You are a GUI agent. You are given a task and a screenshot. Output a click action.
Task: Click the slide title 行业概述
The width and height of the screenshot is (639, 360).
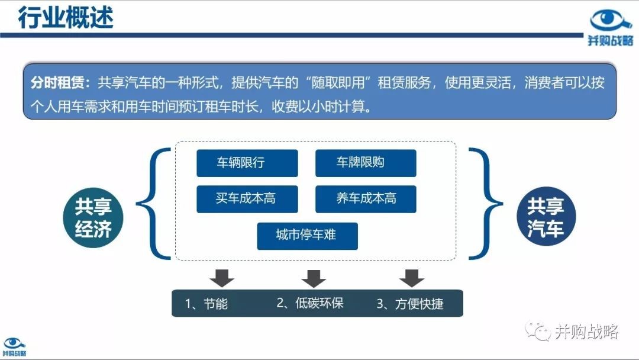[66, 18]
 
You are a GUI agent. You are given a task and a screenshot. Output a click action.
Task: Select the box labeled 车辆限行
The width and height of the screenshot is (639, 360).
[247, 163]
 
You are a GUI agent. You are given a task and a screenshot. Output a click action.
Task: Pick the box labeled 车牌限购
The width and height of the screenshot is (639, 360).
[366, 163]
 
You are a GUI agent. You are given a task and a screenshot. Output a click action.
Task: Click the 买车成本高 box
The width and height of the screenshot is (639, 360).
[247, 199]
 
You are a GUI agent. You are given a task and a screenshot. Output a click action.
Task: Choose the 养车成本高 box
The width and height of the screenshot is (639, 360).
[366, 199]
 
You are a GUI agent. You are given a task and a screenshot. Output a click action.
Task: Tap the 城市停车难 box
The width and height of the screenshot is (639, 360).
[307, 236]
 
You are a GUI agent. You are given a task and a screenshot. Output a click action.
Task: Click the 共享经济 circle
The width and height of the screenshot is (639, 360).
[93, 218]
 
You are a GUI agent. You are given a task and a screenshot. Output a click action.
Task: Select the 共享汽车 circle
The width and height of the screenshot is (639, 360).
[546, 217]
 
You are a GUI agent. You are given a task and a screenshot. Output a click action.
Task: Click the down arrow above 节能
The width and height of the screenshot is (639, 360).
[222, 278]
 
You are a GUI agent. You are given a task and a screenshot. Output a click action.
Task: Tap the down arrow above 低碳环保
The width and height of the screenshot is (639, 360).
[314, 278]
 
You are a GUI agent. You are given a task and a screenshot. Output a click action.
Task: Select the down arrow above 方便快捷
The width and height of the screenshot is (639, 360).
[412, 278]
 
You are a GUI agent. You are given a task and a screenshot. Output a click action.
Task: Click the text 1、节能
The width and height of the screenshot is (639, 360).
[206, 304]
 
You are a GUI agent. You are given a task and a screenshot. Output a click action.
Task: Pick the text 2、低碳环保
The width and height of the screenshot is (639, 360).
[310, 303]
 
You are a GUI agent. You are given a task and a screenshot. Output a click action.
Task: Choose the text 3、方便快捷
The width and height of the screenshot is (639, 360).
[410, 304]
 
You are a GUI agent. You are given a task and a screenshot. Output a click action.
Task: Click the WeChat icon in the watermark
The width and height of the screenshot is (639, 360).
[537, 330]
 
